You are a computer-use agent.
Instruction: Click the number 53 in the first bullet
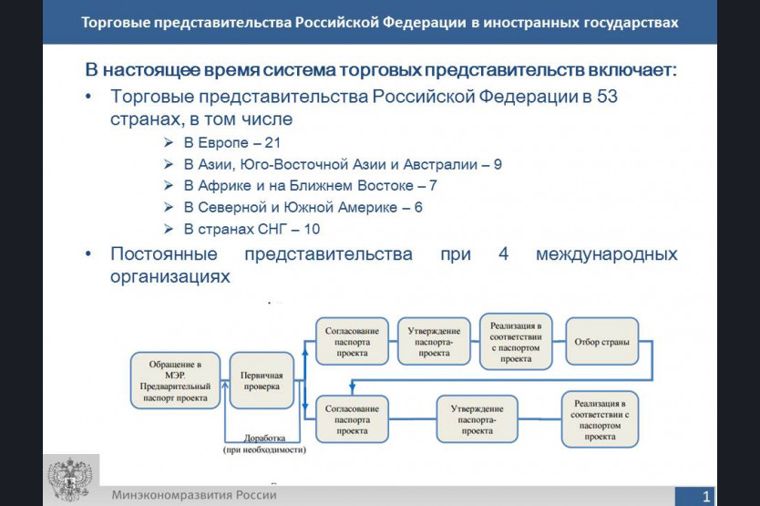coord(607,97)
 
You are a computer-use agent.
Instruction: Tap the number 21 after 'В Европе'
coord(272,142)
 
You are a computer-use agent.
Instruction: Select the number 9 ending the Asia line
coord(498,164)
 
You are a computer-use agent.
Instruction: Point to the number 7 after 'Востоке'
coord(433,186)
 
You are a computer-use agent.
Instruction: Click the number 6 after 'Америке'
coord(418,208)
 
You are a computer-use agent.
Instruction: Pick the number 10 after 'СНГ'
coord(312,229)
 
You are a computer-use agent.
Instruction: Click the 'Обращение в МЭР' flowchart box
coord(176,380)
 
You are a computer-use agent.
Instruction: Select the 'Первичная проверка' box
coord(262,380)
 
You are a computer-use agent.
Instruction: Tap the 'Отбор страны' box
coord(602,342)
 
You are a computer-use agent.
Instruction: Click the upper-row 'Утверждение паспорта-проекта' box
coord(434,342)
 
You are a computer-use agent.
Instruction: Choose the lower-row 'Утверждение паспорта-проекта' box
coord(477,419)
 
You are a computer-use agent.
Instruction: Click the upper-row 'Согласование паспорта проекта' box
coord(352,342)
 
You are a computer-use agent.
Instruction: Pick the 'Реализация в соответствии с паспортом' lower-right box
coord(600,419)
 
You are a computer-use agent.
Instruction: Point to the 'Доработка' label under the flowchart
coord(264,439)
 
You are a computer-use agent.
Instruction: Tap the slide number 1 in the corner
coord(706,496)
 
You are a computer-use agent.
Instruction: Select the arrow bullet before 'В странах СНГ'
coord(169,229)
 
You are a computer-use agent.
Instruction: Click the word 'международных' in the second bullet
coord(606,254)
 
